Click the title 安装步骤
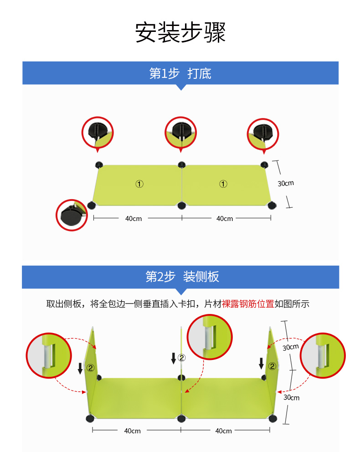point(180,32)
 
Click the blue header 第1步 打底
point(180,73)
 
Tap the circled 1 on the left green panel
point(139,184)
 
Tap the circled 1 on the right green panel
point(223,184)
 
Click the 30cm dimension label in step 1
point(286,183)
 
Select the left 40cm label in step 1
point(134,219)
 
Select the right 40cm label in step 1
point(225,219)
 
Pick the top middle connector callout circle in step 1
point(180,132)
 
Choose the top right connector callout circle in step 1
point(263,133)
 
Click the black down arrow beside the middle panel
point(173,359)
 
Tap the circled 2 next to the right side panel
point(272,366)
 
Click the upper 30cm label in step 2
point(290,347)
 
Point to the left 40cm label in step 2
point(132,431)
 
